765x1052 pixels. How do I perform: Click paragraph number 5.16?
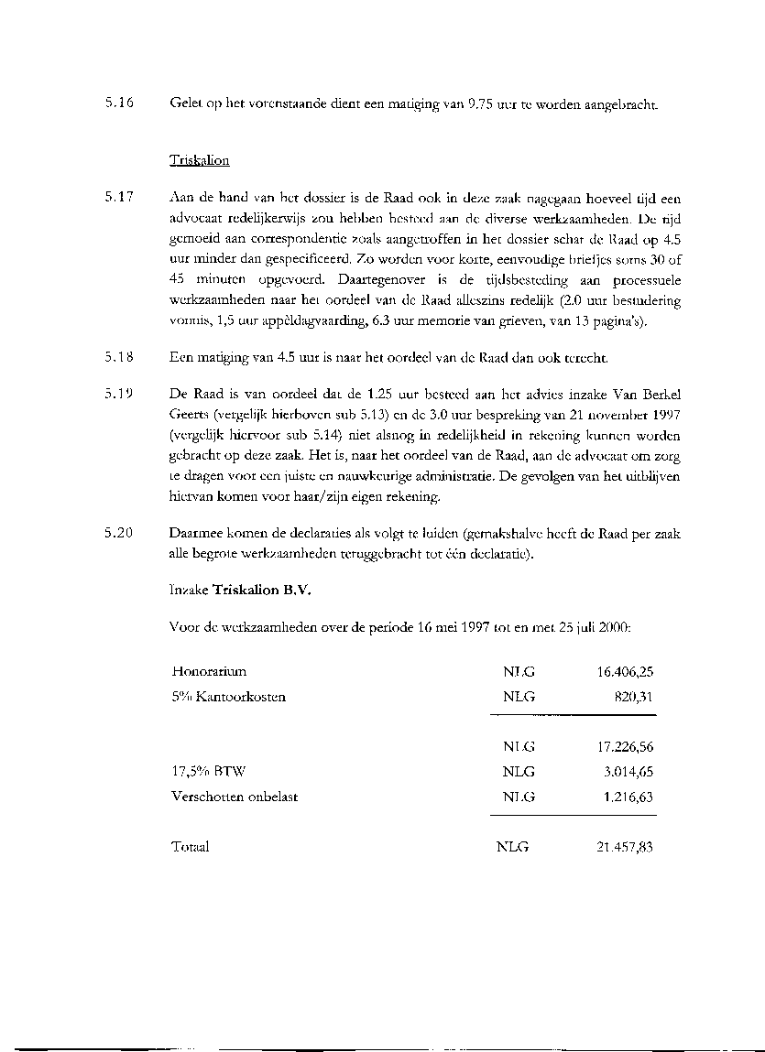pyautogui.click(x=119, y=103)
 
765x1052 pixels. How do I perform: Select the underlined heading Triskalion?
pyautogui.click(x=199, y=160)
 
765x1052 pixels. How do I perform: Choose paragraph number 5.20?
pyautogui.click(x=119, y=533)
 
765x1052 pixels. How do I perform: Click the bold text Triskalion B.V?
pyautogui.click(x=263, y=591)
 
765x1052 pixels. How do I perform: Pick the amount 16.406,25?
pyautogui.click(x=625, y=671)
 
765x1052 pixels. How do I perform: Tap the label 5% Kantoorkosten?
pyautogui.click(x=228, y=697)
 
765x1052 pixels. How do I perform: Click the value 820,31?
pyautogui.click(x=634, y=697)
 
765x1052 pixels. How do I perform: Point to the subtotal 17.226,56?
pyautogui.click(x=625, y=746)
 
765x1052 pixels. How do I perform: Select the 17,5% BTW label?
pyautogui.click(x=203, y=772)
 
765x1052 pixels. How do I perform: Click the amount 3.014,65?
pyautogui.click(x=628, y=772)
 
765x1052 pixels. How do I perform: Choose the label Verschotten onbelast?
pyautogui.click(x=235, y=797)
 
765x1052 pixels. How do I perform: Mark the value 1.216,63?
pyautogui.click(x=628, y=797)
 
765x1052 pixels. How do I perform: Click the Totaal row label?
pyautogui.click(x=191, y=847)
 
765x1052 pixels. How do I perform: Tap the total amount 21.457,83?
pyautogui.click(x=625, y=847)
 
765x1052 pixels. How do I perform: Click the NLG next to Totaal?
pyautogui.click(x=512, y=847)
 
